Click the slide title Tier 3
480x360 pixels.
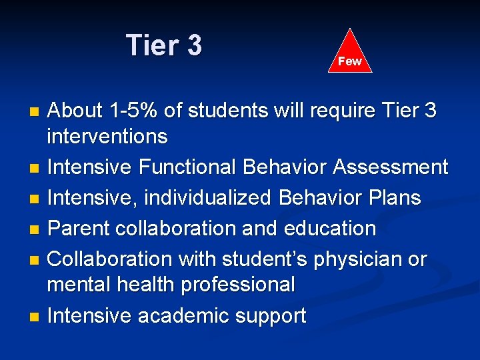[164, 46]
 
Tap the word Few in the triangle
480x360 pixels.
[349, 61]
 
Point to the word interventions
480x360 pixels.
[107, 137]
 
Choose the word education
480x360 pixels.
[330, 229]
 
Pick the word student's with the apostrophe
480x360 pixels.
[259, 259]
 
